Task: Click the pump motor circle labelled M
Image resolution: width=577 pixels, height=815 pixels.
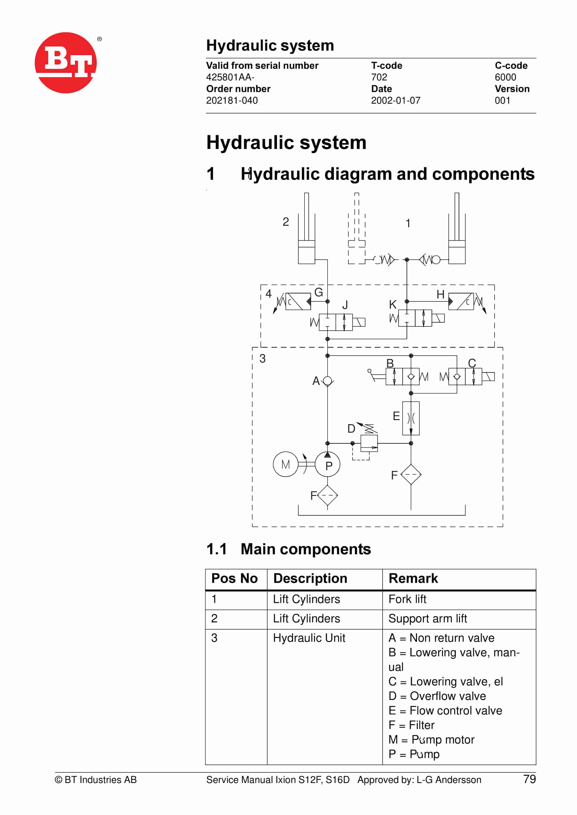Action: tap(285, 464)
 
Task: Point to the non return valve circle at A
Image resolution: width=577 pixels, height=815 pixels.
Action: tap(328, 381)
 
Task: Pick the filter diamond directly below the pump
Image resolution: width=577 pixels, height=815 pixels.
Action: tap(327, 495)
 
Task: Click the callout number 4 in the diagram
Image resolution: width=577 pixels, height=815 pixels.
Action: tap(269, 294)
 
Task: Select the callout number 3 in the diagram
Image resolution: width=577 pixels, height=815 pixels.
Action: tap(262, 359)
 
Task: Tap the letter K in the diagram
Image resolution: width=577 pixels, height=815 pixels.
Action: tap(392, 304)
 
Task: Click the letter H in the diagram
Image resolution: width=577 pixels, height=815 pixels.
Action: tap(440, 294)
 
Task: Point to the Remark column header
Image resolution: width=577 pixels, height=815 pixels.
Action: tap(413, 579)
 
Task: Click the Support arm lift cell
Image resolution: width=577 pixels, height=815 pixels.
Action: tap(427, 618)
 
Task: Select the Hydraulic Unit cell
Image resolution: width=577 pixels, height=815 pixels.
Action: tap(309, 638)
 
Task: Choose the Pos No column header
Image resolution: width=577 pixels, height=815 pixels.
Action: tap(234, 579)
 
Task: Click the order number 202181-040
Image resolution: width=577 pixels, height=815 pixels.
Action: tap(232, 101)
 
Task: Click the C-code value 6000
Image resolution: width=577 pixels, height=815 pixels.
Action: tap(505, 77)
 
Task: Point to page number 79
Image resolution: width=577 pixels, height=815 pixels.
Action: tap(529, 779)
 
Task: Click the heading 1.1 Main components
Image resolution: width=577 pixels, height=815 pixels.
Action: tap(288, 549)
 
